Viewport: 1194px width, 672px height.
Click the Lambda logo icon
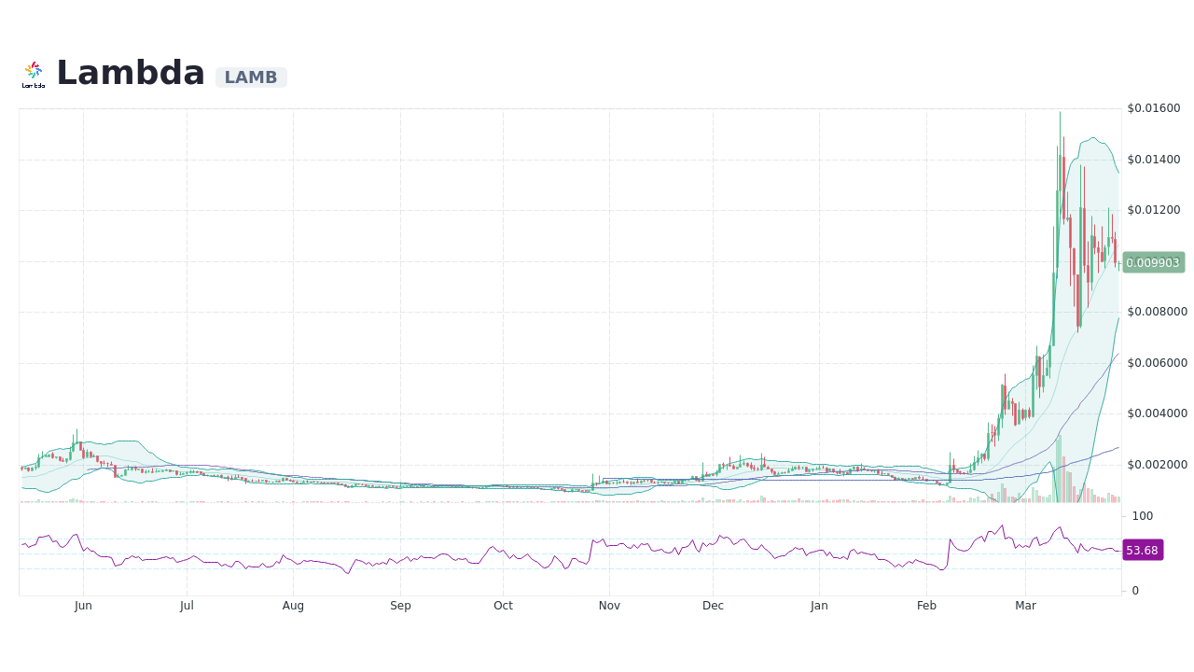34,74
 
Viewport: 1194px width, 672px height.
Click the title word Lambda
131,73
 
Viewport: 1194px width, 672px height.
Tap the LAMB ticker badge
251,77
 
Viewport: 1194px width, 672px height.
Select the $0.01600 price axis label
1154,108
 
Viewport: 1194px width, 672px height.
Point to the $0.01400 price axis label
1154,160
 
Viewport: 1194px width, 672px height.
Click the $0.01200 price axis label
1154,210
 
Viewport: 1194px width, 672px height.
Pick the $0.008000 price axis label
1157,312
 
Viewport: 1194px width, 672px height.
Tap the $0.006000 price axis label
1157,363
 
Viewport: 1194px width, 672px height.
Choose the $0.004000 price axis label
1157,413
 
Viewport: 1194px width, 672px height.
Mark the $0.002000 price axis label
1157,465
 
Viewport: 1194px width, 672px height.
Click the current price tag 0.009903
1153,262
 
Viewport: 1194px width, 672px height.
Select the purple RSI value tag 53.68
1142,551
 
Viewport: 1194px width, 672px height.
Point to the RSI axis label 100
1143,516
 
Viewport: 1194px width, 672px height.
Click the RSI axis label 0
1135,591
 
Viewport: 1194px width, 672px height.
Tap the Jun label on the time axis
83,606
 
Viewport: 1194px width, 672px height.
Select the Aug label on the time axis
293,606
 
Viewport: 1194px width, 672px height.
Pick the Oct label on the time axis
503,606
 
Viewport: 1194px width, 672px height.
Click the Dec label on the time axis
713,606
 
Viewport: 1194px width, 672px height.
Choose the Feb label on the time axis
926,606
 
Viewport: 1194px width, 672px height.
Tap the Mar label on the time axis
1025,606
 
